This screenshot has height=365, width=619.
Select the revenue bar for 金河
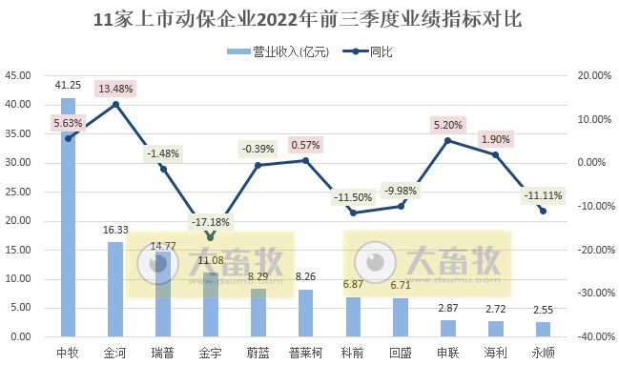pos(115,290)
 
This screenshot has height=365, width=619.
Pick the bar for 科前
pos(353,317)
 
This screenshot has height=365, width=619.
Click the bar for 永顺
pos(543,330)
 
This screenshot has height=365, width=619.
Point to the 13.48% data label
pos(115,89)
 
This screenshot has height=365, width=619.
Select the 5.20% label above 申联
pos(447,124)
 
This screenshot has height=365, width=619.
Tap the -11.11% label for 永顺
pos(543,196)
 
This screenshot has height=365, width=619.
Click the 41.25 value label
pos(68,85)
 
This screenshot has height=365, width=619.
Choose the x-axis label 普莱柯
pos(305,353)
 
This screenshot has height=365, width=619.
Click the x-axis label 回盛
pos(401,353)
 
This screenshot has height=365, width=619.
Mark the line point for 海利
pos(495,154)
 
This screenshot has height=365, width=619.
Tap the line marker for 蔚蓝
pos(258,165)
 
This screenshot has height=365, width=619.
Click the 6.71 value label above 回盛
pos(401,285)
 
